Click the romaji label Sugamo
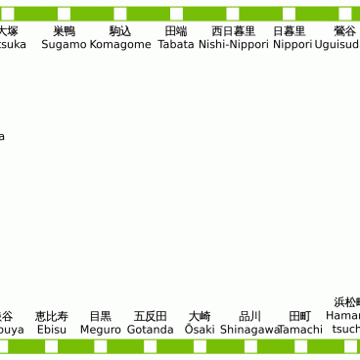pyautogui.click(x=64, y=45)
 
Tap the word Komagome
pyautogui.click(x=120, y=45)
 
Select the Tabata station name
pyautogui.click(x=176, y=45)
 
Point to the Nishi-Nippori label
pyautogui.click(x=234, y=45)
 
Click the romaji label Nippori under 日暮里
pyautogui.click(x=292, y=45)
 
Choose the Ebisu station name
pyautogui.click(x=52, y=330)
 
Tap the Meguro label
pyautogui.click(x=100, y=330)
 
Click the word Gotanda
pyautogui.click(x=150, y=330)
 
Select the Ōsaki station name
pyautogui.click(x=199, y=330)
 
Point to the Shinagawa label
pyautogui.click(x=249, y=330)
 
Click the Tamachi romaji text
pyautogui.click(x=299, y=330)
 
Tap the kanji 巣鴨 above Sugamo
pyautogui.click(x=64, y=31)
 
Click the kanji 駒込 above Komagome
pyautogui.click(x=120, y=31)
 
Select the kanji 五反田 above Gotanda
pyautogui.click(x=150, y=316)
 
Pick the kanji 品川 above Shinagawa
pyautogui.click(x=249, y=316)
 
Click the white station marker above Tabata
pyautogui.click(x=176, y=14)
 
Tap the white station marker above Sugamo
pyautogui.click(x=64, y=14)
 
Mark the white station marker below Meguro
pyautogui.click(x=100, y=346)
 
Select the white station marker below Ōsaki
pyautogui.click(x=199, y=346)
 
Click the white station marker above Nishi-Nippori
pyautogui.click(x=233, y=14)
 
